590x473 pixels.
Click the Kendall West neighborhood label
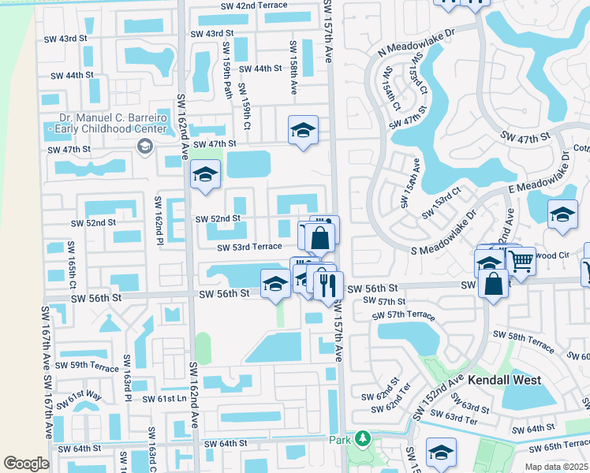504,380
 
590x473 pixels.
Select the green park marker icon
362,438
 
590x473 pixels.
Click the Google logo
26,464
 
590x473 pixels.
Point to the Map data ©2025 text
556,467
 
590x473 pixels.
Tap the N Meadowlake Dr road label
417,44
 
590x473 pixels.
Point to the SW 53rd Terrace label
250,247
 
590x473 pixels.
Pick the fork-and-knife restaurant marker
328,284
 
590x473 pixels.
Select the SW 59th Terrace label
82,366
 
